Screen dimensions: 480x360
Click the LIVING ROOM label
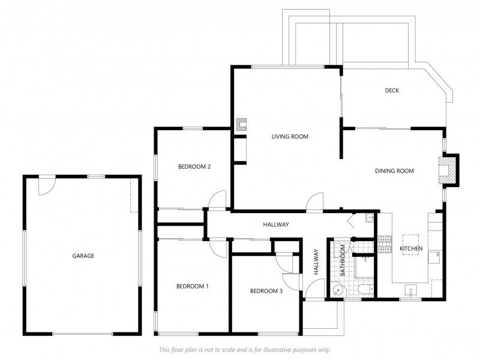(x=290, y=137)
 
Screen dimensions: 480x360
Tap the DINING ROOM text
(x=394, y=171)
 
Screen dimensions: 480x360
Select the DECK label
(x=392, y=91)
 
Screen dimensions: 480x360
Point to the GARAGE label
(x=83, y=256)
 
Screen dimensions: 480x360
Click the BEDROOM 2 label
(x=194, y=167)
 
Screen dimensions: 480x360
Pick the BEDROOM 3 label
(x=266, y=291)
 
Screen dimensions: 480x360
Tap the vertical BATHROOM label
(x=343, y=260)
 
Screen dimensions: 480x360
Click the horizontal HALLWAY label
(x=276, y=224)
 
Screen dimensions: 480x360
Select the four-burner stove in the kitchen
(x=385, y=244)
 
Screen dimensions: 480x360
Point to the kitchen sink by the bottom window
(x=410, y=290)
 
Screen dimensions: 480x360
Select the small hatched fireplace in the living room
(x=241, y=125)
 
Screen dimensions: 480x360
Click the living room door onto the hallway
(x=314, y=202)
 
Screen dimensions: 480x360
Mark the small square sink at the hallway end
(x=370, y=218)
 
